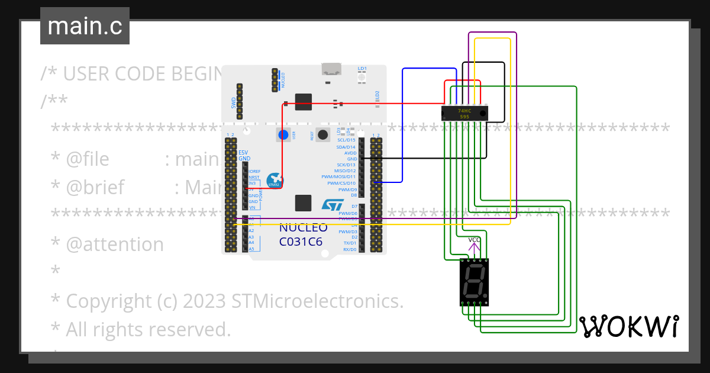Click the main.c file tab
pyautogui.click(x=85, y=27)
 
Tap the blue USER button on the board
pyautogui.click(x=283, y=135)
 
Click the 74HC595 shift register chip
pyautogui.click(x=464, y=112)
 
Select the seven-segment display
pyautogui.click(x=474, y=282)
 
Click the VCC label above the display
pyautogui.click(x=475, y=240)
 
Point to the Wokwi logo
pyautogui.click(x=628, y=326)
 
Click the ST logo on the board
pyautogui.click(x=332, y=205)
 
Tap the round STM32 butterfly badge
pyautogui.click(x=275, y=181)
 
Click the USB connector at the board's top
pyautogui.click(x=333, y=69)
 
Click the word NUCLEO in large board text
pyautogui.click(x=303, y=228)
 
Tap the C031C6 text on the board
pyautogui.click(x=301, y=242)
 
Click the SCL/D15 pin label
pyautogui.click(x=346, y=140)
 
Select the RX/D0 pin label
pyautogui.click(x=350, y=250)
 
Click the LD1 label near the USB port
pyautogui.click(x=362, y=69)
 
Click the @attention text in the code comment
pyautogui.click(x=115, y=245)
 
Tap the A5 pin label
pyautogui.click(x=251, y=249)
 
